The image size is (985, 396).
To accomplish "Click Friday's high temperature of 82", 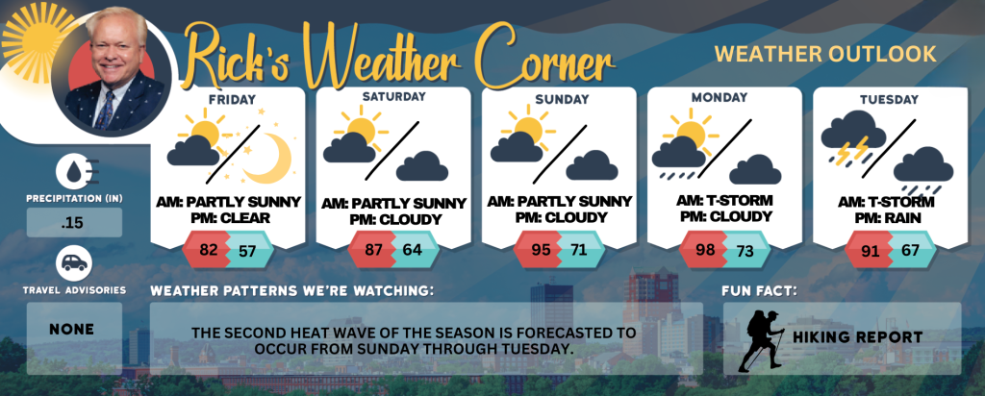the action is [208, 250].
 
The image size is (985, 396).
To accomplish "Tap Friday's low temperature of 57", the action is [247, 251].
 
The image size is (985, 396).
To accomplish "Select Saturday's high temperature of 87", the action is [374, 250].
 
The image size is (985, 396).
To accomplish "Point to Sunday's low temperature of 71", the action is [578, 250].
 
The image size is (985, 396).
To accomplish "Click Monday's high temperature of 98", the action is [706, 250].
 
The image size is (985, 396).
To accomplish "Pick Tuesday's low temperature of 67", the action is [910, 250].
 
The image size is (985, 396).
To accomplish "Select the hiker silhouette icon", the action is [762, 340].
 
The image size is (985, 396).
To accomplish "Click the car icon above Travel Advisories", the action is [74, 263].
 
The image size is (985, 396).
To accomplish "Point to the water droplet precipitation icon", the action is [74, 171].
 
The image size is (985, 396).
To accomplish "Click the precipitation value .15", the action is [74, 223].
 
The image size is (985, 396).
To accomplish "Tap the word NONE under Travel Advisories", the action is [74, 329].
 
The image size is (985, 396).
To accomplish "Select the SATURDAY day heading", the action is [393, 97].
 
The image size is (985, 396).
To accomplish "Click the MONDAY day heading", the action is [720, 97].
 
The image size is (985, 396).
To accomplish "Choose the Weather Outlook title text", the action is [825, 54].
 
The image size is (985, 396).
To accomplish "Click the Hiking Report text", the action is [857, 337].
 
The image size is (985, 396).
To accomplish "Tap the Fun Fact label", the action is [751, 291].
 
